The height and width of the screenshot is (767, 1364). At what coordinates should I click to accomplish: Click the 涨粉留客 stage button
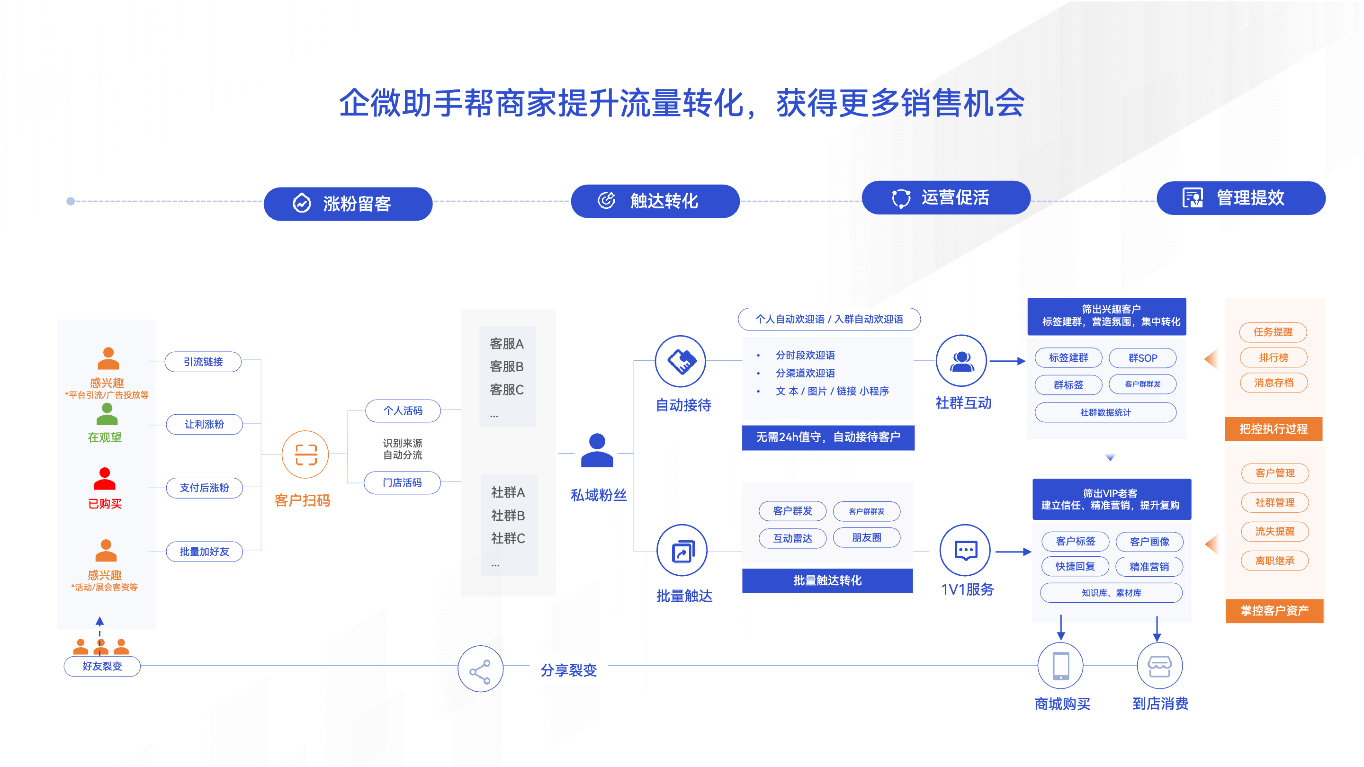click(348, 204)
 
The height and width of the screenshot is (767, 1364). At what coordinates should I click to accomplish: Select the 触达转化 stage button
click(655, 201)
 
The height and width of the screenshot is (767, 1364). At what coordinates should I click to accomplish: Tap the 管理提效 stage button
click(1241, 198)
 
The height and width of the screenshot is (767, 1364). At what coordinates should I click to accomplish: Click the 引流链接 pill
click(203, 362)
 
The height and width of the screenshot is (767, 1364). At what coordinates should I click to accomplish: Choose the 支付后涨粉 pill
click(205, 488)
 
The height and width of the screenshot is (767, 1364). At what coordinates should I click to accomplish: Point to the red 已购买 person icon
click(104, 479)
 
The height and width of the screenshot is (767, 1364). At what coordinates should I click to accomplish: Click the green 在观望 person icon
click(107, 414)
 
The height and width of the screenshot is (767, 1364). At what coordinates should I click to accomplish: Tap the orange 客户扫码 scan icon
click(305, 455)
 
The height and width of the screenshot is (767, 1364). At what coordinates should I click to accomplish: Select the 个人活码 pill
click(403, 410)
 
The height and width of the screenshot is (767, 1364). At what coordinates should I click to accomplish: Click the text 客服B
click(507, 366)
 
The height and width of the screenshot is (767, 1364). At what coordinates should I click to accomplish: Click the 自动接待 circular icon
click(681, 361)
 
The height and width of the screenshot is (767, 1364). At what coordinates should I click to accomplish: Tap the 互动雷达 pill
click(792, 538)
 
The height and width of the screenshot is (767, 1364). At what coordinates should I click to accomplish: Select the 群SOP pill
click(1143, 358)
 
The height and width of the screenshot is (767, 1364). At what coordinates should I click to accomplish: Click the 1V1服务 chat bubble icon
click(965, 551)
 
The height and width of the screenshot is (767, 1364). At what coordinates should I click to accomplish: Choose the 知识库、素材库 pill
click(1111, 593)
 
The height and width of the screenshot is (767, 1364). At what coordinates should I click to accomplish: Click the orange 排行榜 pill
click(1274, 357)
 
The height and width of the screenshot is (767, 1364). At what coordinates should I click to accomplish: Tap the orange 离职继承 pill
click(1274, 561)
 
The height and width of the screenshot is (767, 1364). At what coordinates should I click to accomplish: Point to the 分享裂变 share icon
click(480, 669)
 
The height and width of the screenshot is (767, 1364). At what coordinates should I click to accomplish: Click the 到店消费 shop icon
click(1159, 665)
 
